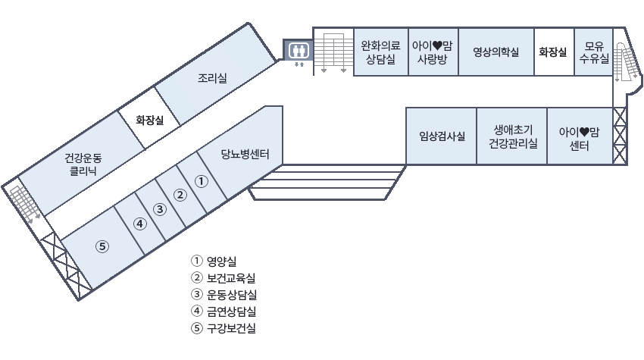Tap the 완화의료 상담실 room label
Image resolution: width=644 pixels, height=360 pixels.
tap(380, 52)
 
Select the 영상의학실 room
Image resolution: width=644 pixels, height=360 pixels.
tap(496, 52)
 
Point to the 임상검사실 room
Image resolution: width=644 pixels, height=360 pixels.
tap(441, 136)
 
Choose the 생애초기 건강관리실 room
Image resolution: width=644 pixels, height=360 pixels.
tap(513, 136)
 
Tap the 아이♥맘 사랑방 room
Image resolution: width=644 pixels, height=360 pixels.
tap(433, 52)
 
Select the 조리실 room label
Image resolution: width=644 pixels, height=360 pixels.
tap(212, 77)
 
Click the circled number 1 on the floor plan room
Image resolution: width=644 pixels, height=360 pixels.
tap(202, 181)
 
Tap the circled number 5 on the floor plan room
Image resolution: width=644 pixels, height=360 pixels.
tap(103, 246)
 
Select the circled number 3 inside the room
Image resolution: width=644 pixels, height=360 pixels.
tap(159, 209)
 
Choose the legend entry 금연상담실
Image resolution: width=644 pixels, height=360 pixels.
tap(230, 311)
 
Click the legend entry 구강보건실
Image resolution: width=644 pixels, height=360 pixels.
tap(230, 328)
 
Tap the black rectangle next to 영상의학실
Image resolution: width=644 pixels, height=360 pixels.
tap(552, 52)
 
